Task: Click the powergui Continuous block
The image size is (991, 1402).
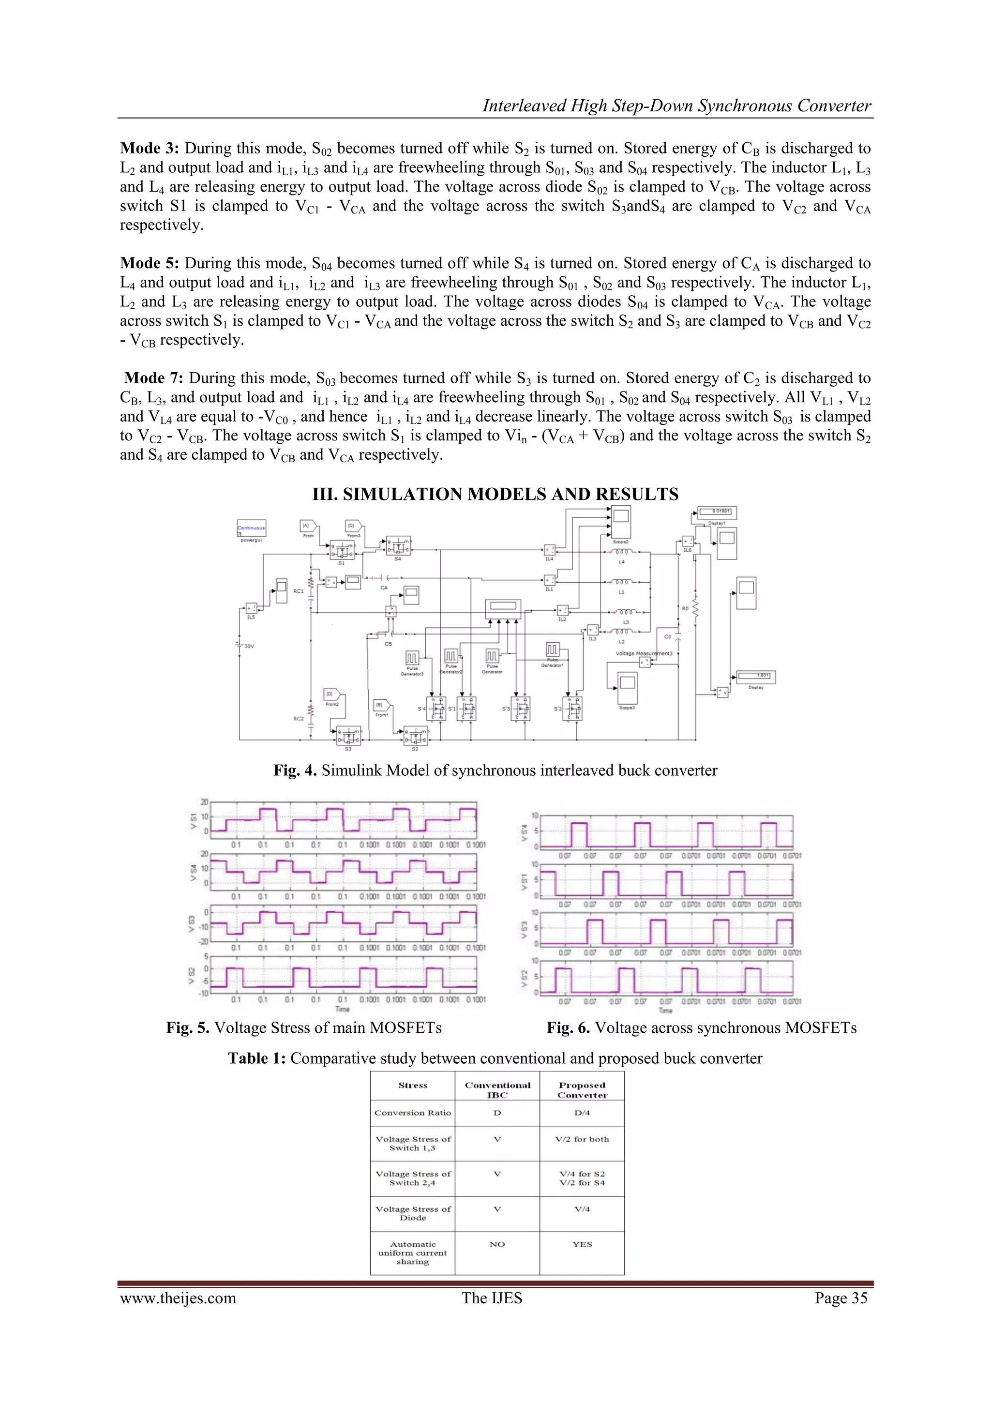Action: coord(251,528)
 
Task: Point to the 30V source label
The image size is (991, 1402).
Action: coord(249,646)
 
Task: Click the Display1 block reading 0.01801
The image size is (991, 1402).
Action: coord(717,512)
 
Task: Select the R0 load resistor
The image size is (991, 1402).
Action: coord(695,607)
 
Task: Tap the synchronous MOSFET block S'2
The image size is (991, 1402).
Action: coord(572,709)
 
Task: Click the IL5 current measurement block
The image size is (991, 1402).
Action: coord(251,608)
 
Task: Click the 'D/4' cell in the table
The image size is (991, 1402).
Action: coord(582,1113)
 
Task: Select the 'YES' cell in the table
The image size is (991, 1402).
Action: coord(582,1244)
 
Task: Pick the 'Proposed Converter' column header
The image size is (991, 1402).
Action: coord(582,1090)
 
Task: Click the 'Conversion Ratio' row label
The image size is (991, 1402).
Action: coord(413,1113)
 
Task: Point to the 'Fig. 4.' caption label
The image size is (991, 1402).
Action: coord(295,770)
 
